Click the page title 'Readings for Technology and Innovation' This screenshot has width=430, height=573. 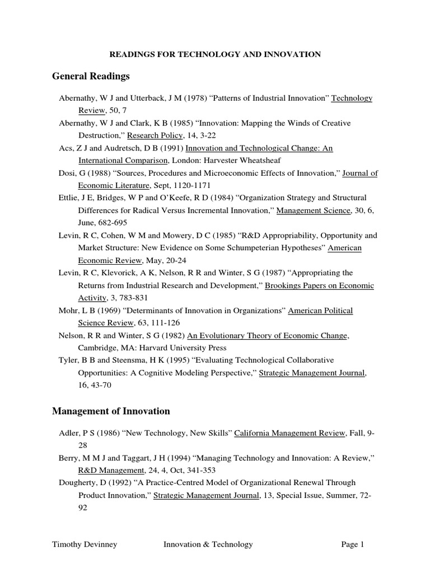coord(214,54)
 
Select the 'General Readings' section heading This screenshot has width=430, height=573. coord(91,76)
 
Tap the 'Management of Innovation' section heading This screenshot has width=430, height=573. coord(111,411)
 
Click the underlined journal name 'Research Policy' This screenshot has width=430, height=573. coord(155,135)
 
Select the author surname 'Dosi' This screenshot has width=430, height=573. coord(67,173)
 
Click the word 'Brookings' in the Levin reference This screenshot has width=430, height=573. coord(283,285)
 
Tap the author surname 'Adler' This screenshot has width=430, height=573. coord(69,433)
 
